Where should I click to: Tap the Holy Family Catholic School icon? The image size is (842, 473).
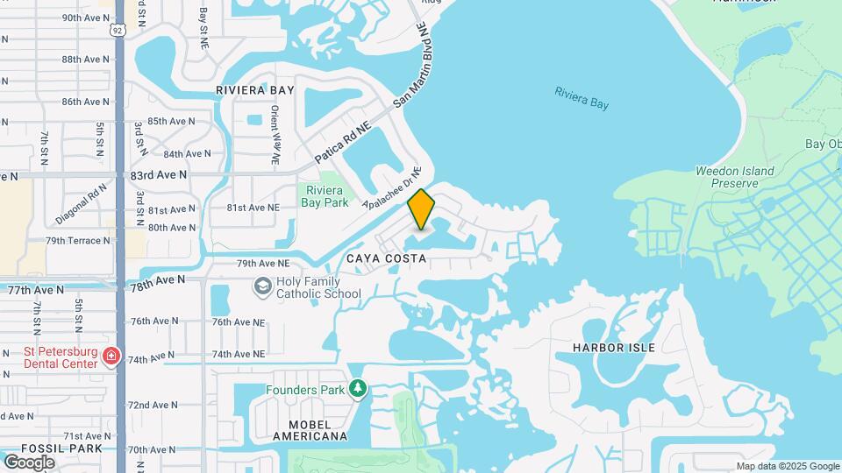[262, 286]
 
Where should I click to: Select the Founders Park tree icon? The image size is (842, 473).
[357, 388]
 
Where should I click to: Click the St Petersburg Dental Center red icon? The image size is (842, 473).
[111, 356]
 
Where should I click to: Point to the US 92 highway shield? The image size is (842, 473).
[118, 30]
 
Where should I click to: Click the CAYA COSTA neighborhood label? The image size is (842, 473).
[386, 258]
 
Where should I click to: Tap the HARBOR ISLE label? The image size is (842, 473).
[613, 348]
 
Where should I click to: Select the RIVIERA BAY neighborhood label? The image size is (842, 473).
[255, 90]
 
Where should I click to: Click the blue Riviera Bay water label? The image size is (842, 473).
[581, 97]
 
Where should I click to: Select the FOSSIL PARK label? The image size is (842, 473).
[51, 448]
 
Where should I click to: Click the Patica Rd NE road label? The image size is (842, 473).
[344, 144]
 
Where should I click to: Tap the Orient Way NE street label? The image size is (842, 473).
[275, 136]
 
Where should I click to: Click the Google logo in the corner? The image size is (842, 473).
[29, 462]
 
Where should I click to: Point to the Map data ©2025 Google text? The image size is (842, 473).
[788, 466]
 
